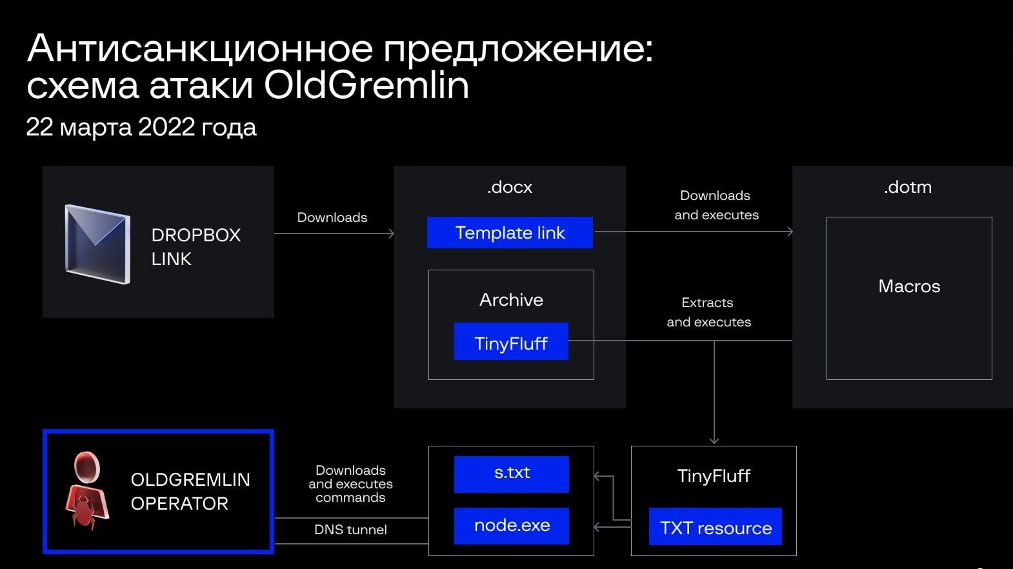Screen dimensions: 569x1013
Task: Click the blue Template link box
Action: (510, 233)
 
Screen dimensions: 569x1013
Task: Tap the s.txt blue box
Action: (512, 474)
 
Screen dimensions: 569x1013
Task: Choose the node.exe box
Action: (512, 526)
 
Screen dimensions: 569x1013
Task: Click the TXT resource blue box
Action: (715, 527)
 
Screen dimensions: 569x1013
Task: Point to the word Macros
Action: (909, 286)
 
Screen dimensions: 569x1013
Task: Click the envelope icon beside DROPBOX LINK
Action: (97, 244)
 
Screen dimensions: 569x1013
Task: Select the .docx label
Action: (510, 188)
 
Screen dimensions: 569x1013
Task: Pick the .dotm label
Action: (908, 188)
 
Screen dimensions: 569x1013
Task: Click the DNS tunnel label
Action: (350, 530)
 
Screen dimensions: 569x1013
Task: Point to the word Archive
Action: (511, 300)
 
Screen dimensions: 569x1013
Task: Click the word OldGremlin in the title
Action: (366, 85)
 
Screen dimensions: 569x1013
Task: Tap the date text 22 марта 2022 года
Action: (141, 127)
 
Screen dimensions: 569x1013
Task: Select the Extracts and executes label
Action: (708, 312)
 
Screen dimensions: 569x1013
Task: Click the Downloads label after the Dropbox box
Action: (332, 217)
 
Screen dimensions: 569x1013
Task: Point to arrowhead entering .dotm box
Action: (790, 232)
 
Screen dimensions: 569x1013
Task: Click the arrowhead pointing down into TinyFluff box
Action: (714, 441)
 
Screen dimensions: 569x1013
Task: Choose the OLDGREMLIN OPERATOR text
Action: (190, 492)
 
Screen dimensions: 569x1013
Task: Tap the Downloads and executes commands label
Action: (350, 484)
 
